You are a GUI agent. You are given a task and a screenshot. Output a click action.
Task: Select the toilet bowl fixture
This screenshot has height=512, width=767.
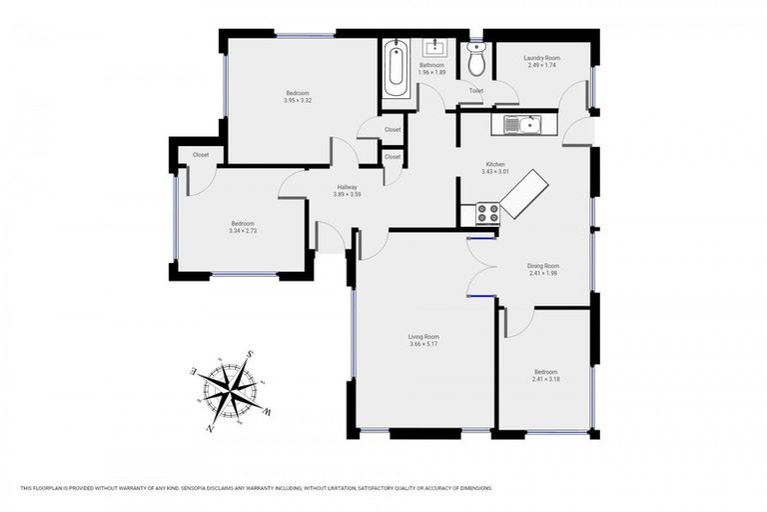(x=476, y=62)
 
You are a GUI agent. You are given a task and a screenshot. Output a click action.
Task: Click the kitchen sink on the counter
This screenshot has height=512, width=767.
(x=520, y=125)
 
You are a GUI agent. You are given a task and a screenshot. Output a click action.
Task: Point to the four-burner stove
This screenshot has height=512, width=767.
(x=488, y=213)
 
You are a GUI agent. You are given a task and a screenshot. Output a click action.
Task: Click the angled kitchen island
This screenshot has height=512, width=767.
(x=524, y=194)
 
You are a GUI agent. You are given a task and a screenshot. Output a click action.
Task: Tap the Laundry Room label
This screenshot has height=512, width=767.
(x=541, y=58)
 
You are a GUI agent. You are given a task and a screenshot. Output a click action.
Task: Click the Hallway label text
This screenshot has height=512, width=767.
(x=347, y=187)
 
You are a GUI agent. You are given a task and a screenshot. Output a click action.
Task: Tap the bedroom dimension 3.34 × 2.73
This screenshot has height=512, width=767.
(x=243, y=231)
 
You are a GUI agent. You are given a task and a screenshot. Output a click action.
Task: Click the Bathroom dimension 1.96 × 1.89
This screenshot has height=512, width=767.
(x=431, y=73)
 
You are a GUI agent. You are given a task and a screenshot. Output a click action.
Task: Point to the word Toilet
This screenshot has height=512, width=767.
(x=476, y=91)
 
